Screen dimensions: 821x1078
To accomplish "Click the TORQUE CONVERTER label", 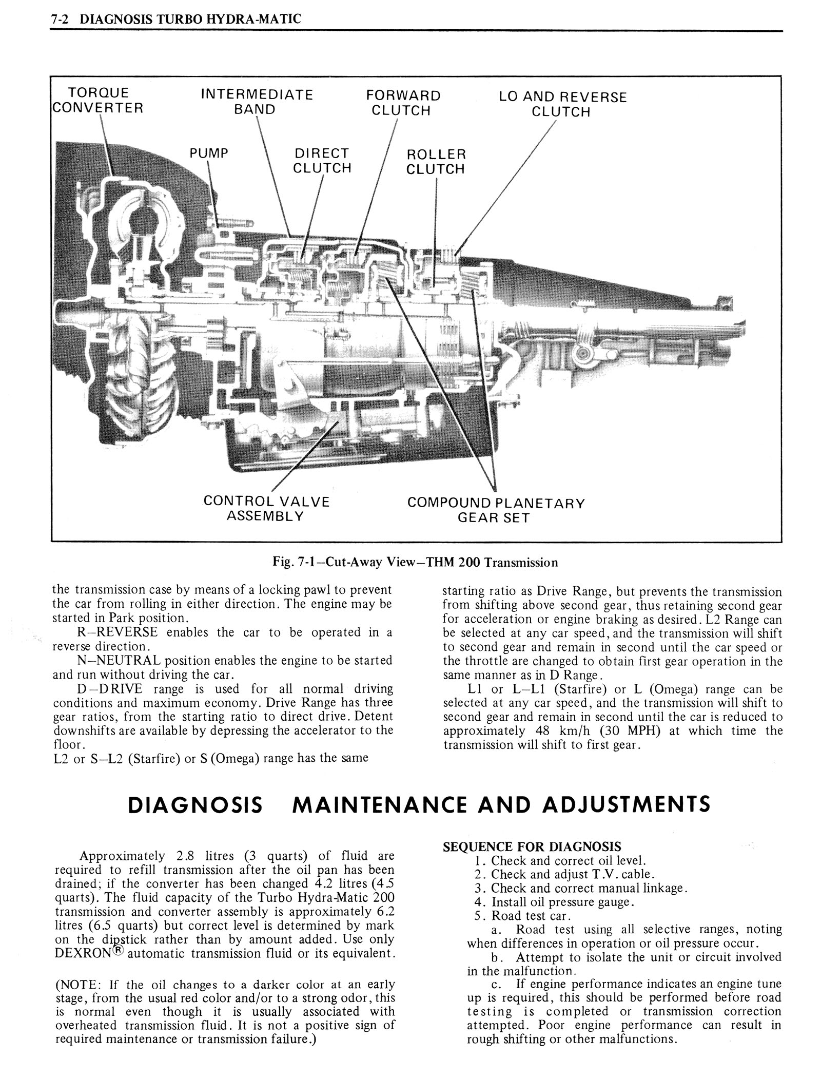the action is pos(98,101).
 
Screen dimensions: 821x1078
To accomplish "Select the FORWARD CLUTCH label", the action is pos(403,103).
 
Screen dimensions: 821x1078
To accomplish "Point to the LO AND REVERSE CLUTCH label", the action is pos(562,104).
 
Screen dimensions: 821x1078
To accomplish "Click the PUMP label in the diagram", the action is pos(209,153).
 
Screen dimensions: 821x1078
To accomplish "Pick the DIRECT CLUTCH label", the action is pos(322,161).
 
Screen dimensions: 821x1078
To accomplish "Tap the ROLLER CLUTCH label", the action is pos(436,162).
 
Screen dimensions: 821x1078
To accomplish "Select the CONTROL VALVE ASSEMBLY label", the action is pos(266,508).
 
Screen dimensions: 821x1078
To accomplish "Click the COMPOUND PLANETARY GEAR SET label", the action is pos(496,510).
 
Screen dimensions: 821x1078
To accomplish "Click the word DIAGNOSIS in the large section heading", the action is pos(195,804).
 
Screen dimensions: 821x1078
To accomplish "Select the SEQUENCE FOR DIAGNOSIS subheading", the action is pos(532,846).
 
